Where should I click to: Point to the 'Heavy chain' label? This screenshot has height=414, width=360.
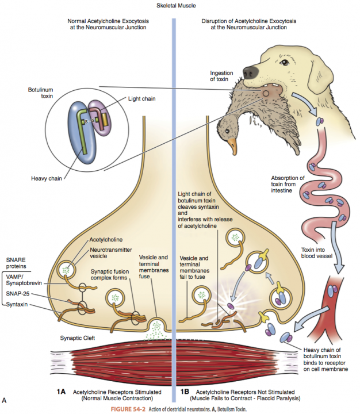point(47,178)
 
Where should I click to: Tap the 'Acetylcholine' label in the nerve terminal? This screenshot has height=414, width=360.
point(108,240)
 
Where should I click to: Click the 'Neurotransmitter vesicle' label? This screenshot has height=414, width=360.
point(109,254)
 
